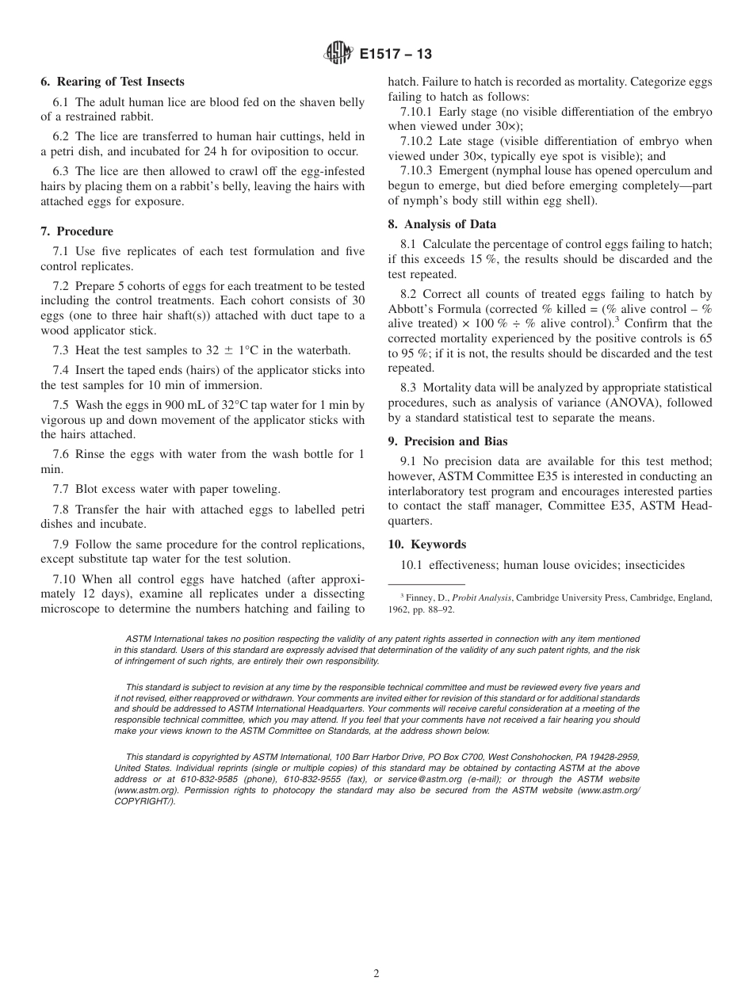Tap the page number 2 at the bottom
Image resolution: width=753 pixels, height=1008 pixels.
coord(376,974)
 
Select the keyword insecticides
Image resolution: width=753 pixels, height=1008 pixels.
coord(652,565)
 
